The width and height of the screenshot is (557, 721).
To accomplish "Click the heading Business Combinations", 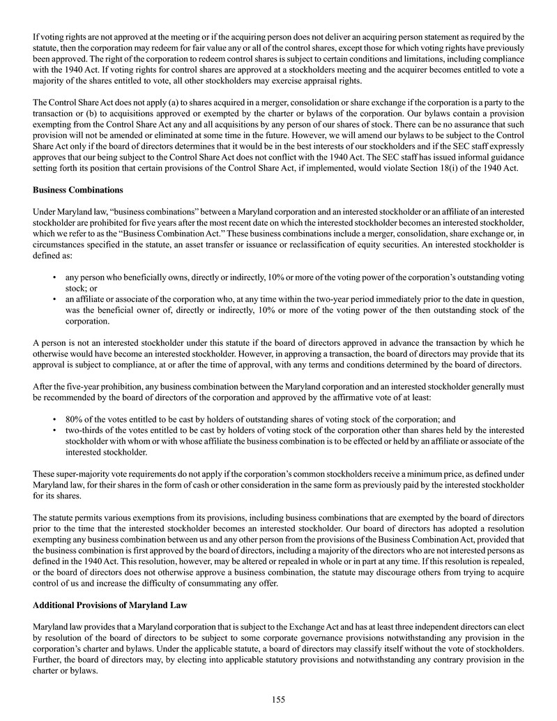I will [78, 189].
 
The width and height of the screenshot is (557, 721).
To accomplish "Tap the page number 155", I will [279, 700].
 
